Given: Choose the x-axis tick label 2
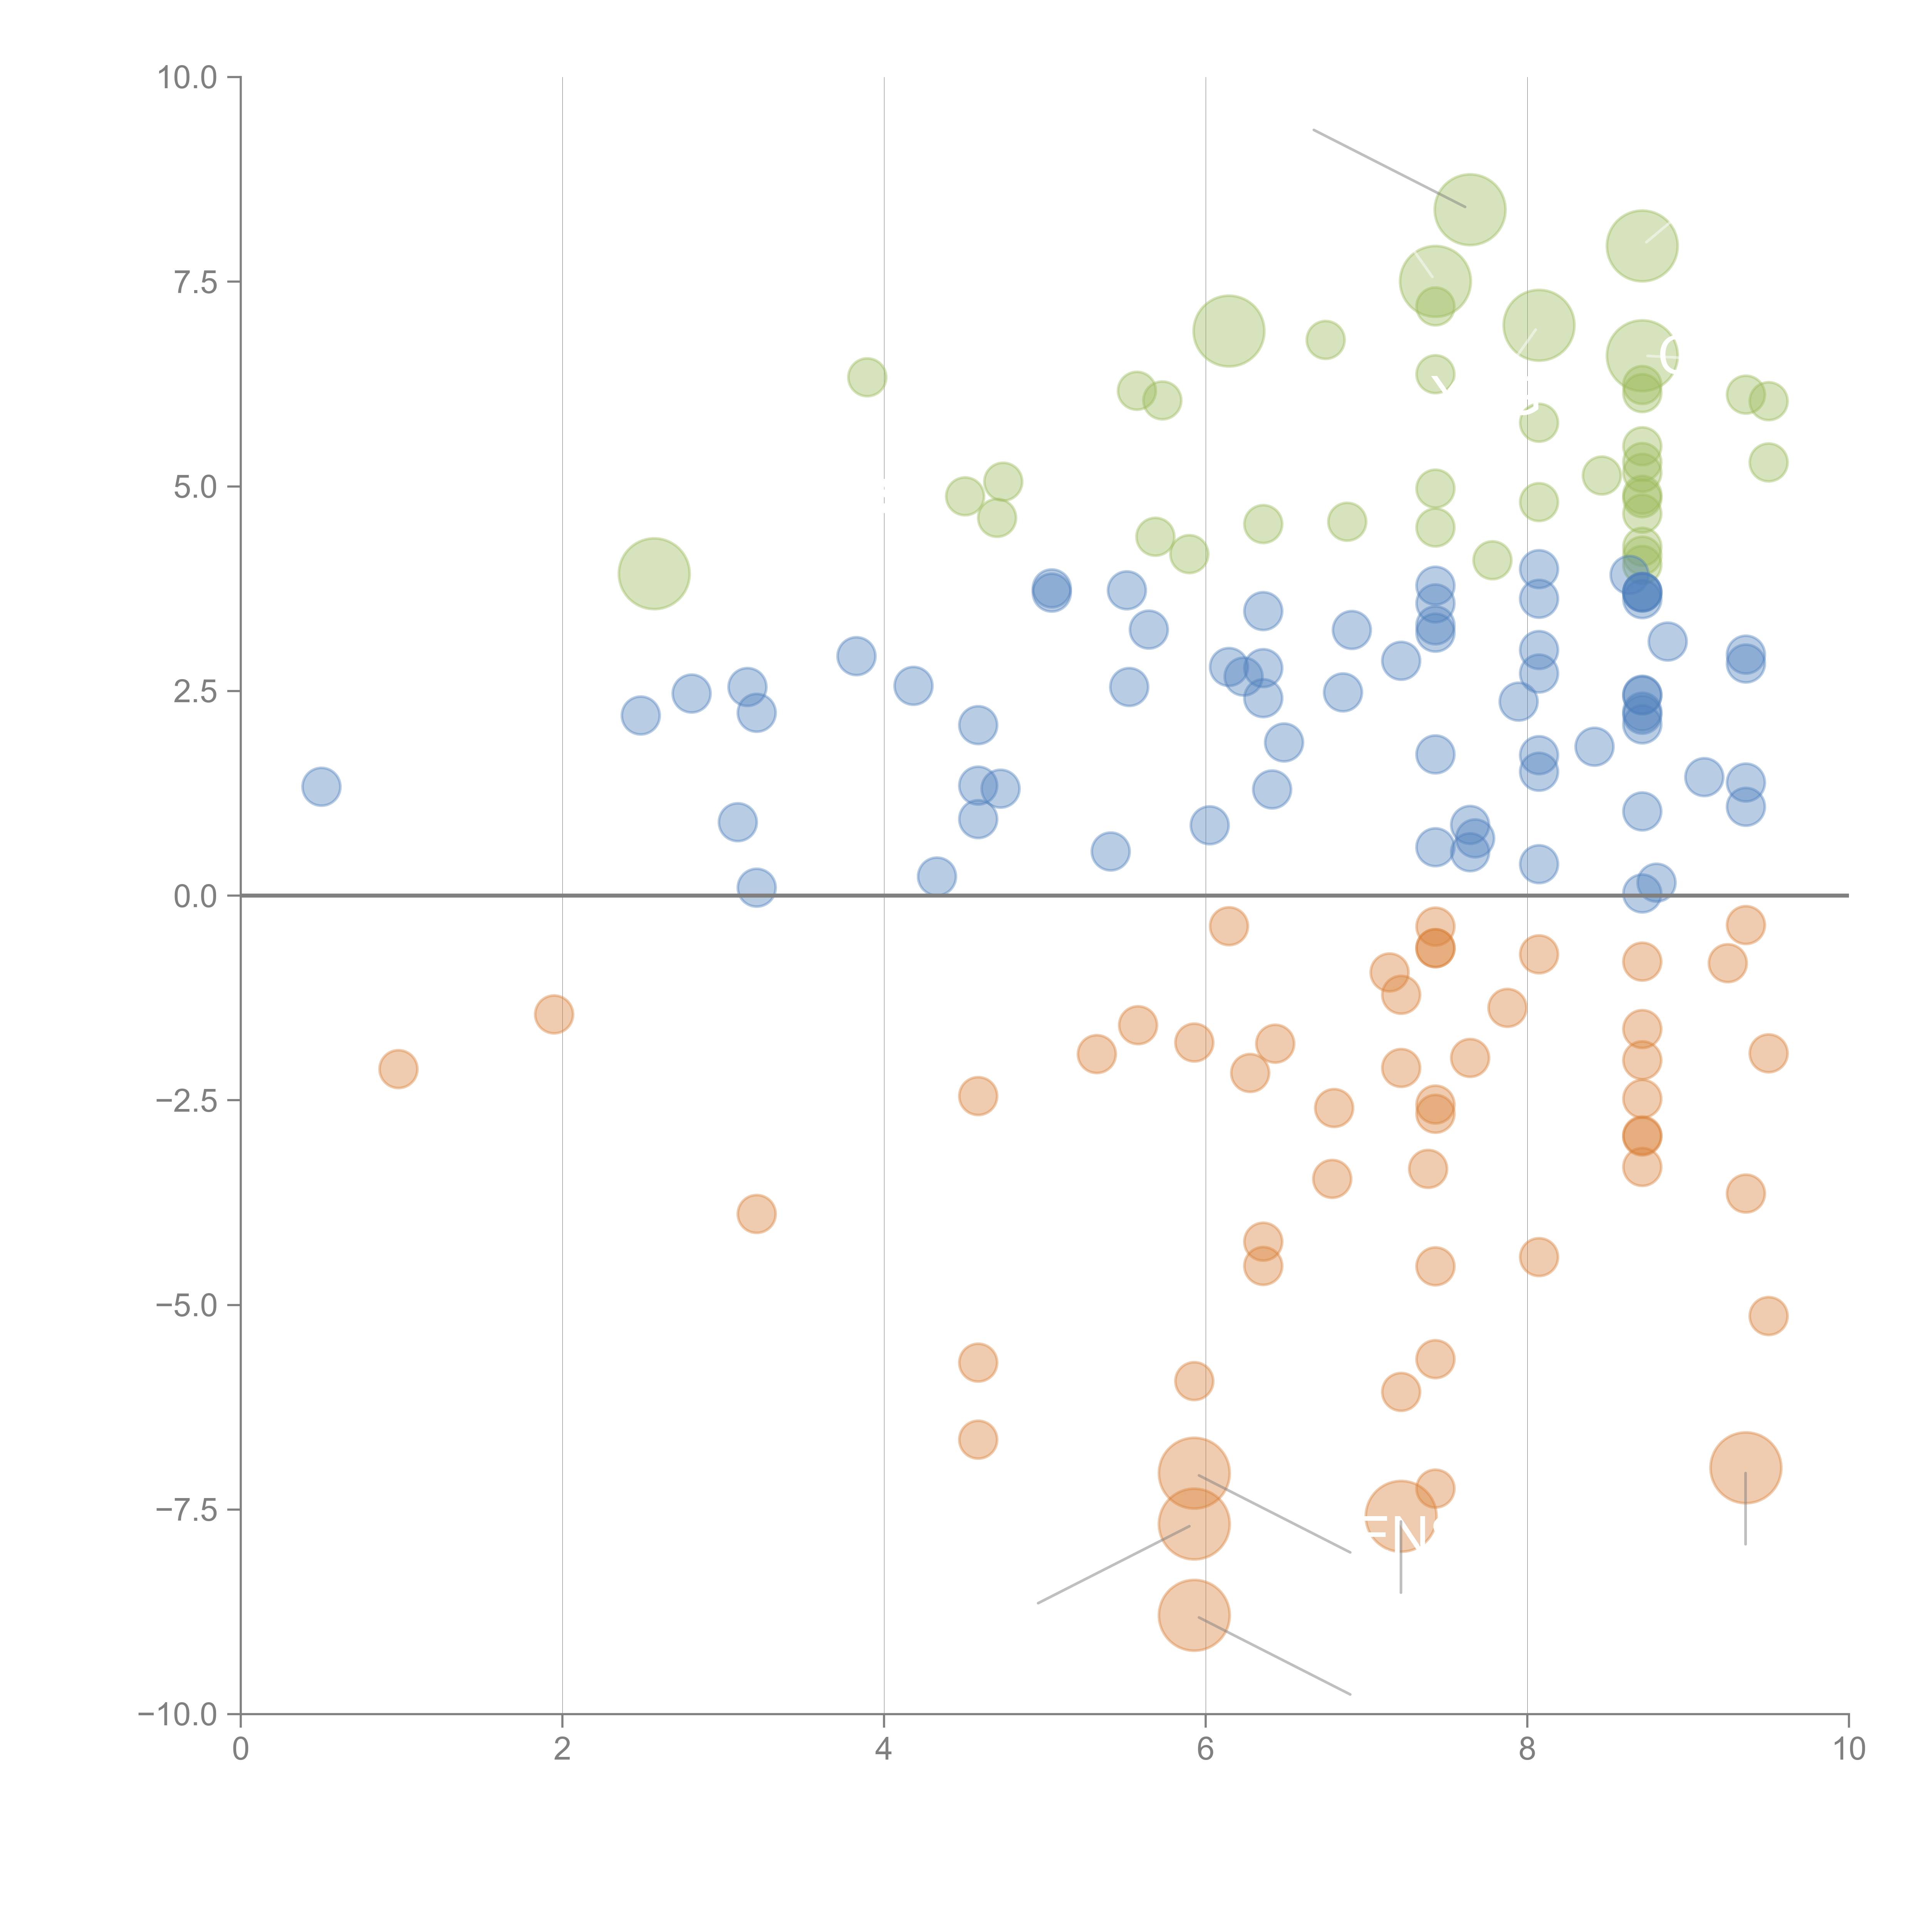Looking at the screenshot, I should [562, 1750].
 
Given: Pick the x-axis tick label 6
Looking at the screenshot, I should [1205, 1750].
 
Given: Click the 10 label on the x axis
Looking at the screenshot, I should [1848, 1750].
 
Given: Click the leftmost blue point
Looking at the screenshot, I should [321, 787].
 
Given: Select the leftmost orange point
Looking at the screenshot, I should [398, 1069].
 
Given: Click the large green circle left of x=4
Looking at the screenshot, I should [654, 573].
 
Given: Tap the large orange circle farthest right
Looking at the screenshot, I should [1745, 1468].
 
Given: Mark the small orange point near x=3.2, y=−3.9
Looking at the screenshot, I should [757, 1213].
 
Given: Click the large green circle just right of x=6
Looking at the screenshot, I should [1228, 331].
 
